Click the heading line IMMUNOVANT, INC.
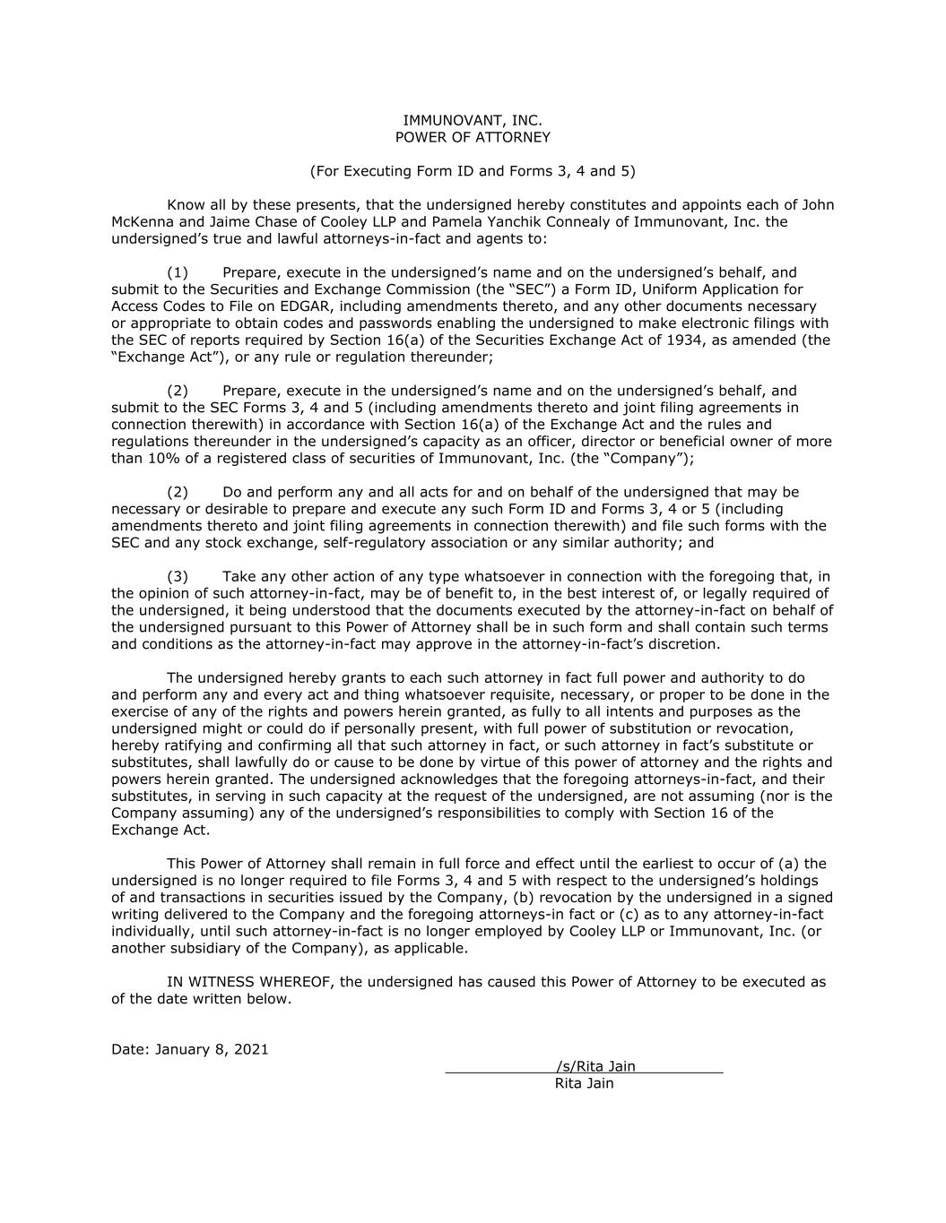coord(473,120)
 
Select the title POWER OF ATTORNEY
coord(473,137)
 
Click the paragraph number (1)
coord(178,272)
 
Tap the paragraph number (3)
coord(178,576)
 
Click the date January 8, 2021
coord(212,1049)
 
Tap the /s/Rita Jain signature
coord(595,1066)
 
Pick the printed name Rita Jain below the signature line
coord(585,1083)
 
